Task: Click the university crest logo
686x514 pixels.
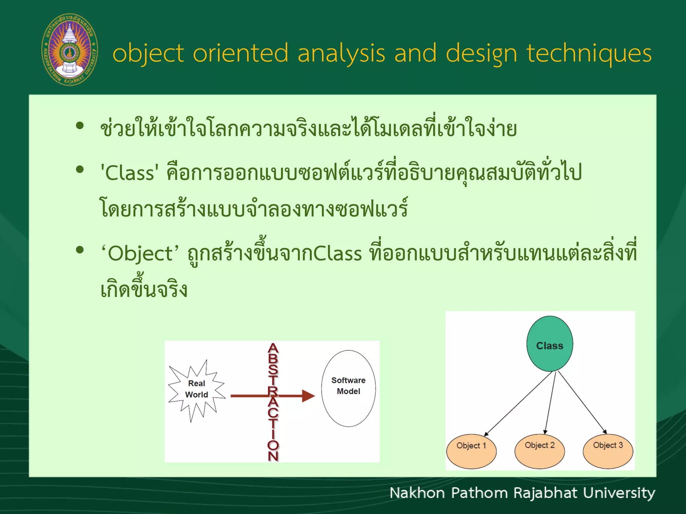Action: pos(70,50)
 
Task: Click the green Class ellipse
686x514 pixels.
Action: pos(549,344)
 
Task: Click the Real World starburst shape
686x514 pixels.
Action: pos(196,390)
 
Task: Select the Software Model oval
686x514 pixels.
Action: pos(348,388)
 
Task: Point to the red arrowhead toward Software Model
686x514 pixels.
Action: pos(308,396)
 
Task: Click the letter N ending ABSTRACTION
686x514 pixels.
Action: pos(273,456)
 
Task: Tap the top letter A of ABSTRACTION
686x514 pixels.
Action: pos(273,348)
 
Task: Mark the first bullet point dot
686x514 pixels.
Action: pos(80,126)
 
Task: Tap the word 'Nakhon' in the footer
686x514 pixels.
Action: pos(417,493)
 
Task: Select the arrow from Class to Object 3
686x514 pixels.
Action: pos(582,403)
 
